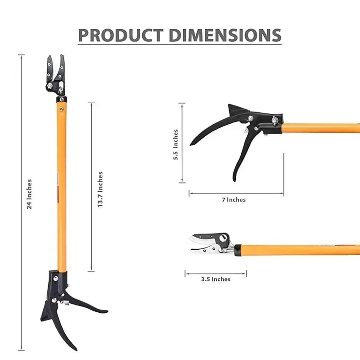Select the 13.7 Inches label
pos(100,189)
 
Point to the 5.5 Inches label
pos(176,143)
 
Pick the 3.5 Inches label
pos(216,279)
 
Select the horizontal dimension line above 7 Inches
pos(236,194)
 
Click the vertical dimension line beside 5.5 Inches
pos(182,143)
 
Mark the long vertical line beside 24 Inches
pos(21,202)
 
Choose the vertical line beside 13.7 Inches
pos(91,187)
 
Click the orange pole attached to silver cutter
pos(297,250)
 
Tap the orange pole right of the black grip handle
pos(319,127)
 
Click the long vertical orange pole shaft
pos(62,189)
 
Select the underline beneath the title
pos(180,44)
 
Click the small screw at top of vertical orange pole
pos(62,108)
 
